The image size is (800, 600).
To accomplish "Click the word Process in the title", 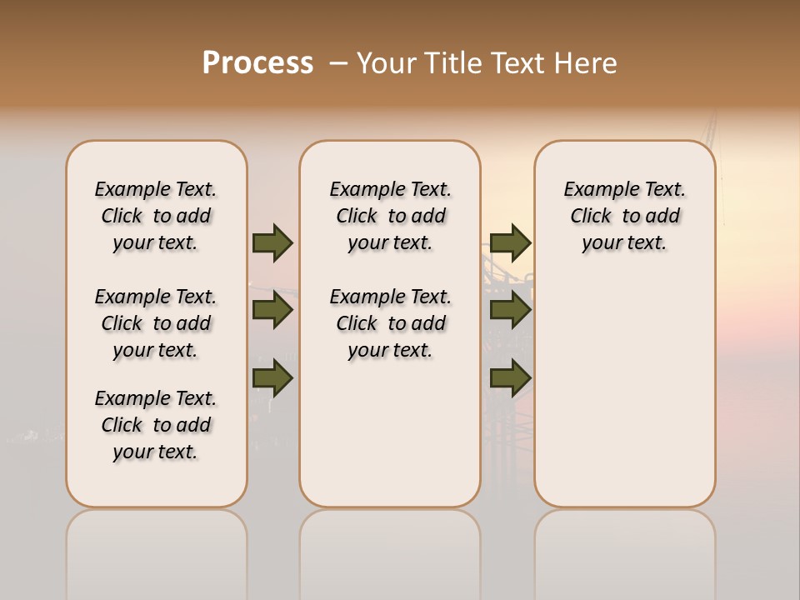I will (x=257, y=63).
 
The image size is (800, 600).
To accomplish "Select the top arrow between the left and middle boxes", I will (x=272, y=242).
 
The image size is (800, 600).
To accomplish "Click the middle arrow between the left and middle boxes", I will (x=272, y=310).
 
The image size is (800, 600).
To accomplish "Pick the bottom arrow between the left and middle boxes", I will (x=272, y=378).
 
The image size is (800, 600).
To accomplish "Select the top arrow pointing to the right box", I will (x=510, y=242).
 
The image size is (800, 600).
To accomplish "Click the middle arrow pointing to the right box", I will (x=510, y=310).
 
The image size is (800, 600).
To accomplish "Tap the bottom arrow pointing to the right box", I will (x=510, y=378).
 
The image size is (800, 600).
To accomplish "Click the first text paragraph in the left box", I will (x=156, y=216).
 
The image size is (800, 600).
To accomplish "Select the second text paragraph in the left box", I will (x=156, y=323).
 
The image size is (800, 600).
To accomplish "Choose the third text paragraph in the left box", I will (x=156, y=425).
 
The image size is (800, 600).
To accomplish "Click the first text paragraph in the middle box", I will (x=390, y=216).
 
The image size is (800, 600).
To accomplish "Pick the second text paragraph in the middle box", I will (x=390, y=323).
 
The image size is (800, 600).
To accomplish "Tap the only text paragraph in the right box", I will (x=624, y=216).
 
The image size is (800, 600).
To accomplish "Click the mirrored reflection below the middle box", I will (x=390, y=550).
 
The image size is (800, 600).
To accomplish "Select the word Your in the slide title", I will (x=386, y=63).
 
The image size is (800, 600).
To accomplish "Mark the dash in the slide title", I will (x=337, y=63).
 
